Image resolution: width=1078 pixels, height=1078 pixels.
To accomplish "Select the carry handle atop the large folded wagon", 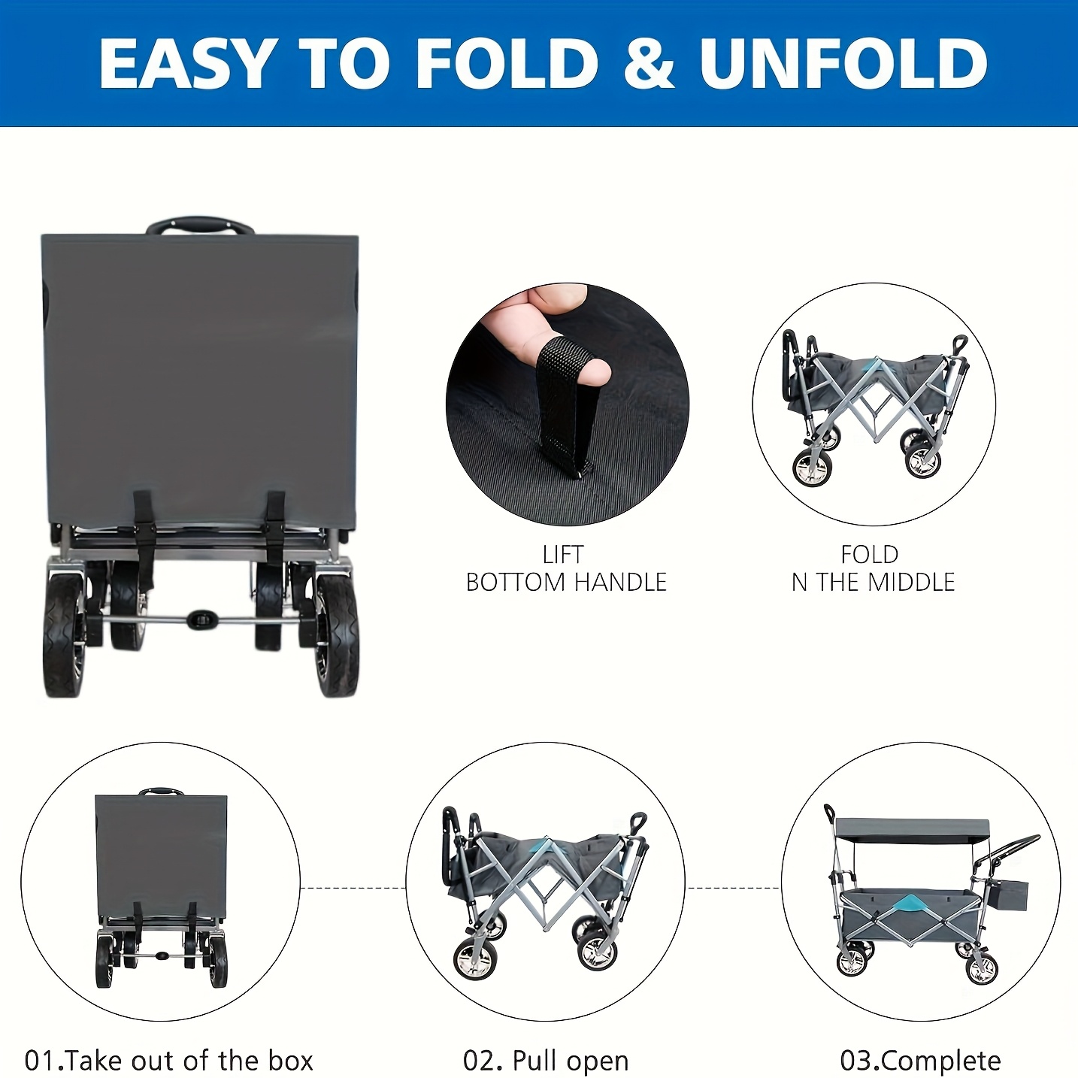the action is (200, 226).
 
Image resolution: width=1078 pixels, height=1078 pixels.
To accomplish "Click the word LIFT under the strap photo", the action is (562, 554).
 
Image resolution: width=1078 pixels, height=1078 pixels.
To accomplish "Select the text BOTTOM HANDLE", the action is (566, 582).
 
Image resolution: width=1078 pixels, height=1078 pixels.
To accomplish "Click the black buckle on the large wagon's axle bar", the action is (200, 617).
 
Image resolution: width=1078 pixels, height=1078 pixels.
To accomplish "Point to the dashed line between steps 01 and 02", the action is (353, 887).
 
